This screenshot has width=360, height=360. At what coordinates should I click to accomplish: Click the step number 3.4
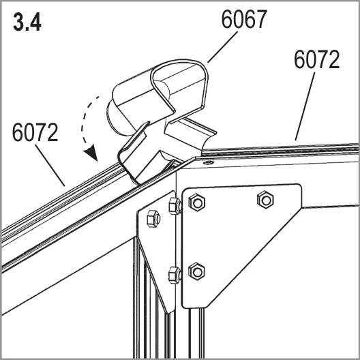coord(27,22)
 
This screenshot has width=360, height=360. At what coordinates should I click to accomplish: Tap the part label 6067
coord(244,19)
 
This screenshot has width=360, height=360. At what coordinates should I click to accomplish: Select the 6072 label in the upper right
coord(316,59)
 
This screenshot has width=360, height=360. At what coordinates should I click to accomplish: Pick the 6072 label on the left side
coord(35,132)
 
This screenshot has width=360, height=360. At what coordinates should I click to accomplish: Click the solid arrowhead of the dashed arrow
coord(91,153)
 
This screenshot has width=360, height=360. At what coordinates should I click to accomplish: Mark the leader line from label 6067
coord(223,47)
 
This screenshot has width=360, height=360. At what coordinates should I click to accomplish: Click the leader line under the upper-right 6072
coord(305,106)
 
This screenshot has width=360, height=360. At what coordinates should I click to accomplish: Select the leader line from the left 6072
coord(50,165)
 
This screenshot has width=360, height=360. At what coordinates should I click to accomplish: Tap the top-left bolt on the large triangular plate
coord(197,202)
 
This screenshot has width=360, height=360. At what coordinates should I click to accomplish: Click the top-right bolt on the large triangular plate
coord(265,200)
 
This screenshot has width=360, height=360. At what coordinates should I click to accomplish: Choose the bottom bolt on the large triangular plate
coord(196,271)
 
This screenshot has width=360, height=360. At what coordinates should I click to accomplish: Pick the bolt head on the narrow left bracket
coord(153,219)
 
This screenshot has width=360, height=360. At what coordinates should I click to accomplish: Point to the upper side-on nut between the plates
coord(175,206)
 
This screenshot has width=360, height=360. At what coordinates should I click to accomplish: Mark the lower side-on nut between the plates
coord(175,275)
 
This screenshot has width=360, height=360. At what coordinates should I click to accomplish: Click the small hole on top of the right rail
coord(209,162)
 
